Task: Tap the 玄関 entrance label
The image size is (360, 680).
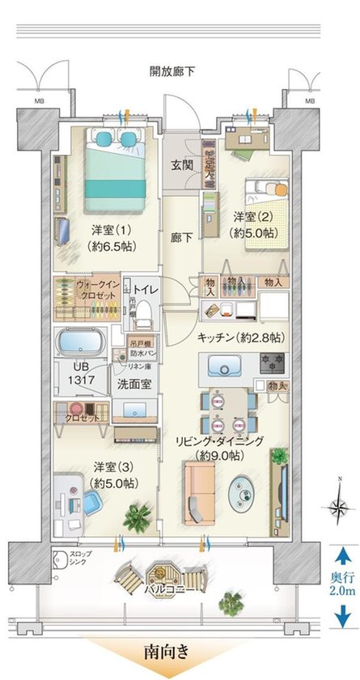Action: [180, 165]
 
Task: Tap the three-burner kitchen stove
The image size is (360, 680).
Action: [269, 362]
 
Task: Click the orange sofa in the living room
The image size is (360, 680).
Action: [196, 495]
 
